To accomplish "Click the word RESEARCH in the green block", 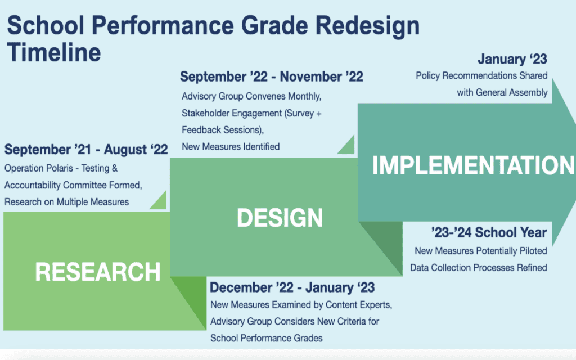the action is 98,272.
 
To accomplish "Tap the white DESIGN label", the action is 280,218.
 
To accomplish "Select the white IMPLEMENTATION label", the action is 473,165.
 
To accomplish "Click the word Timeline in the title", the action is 54,52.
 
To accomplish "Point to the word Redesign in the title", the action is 367,26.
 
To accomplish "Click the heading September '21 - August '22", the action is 86,150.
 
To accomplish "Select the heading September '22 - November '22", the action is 272,76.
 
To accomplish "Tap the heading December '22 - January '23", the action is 292,287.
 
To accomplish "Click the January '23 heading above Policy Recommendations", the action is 512,58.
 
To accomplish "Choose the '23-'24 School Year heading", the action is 489,232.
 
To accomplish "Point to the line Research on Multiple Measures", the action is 66,202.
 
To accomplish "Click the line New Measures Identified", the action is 231,147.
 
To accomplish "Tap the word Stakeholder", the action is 205,113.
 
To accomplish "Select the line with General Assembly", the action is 502,93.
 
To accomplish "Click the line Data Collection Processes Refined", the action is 479,267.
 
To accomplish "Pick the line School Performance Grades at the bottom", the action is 266,338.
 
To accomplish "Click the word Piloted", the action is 533,251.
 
